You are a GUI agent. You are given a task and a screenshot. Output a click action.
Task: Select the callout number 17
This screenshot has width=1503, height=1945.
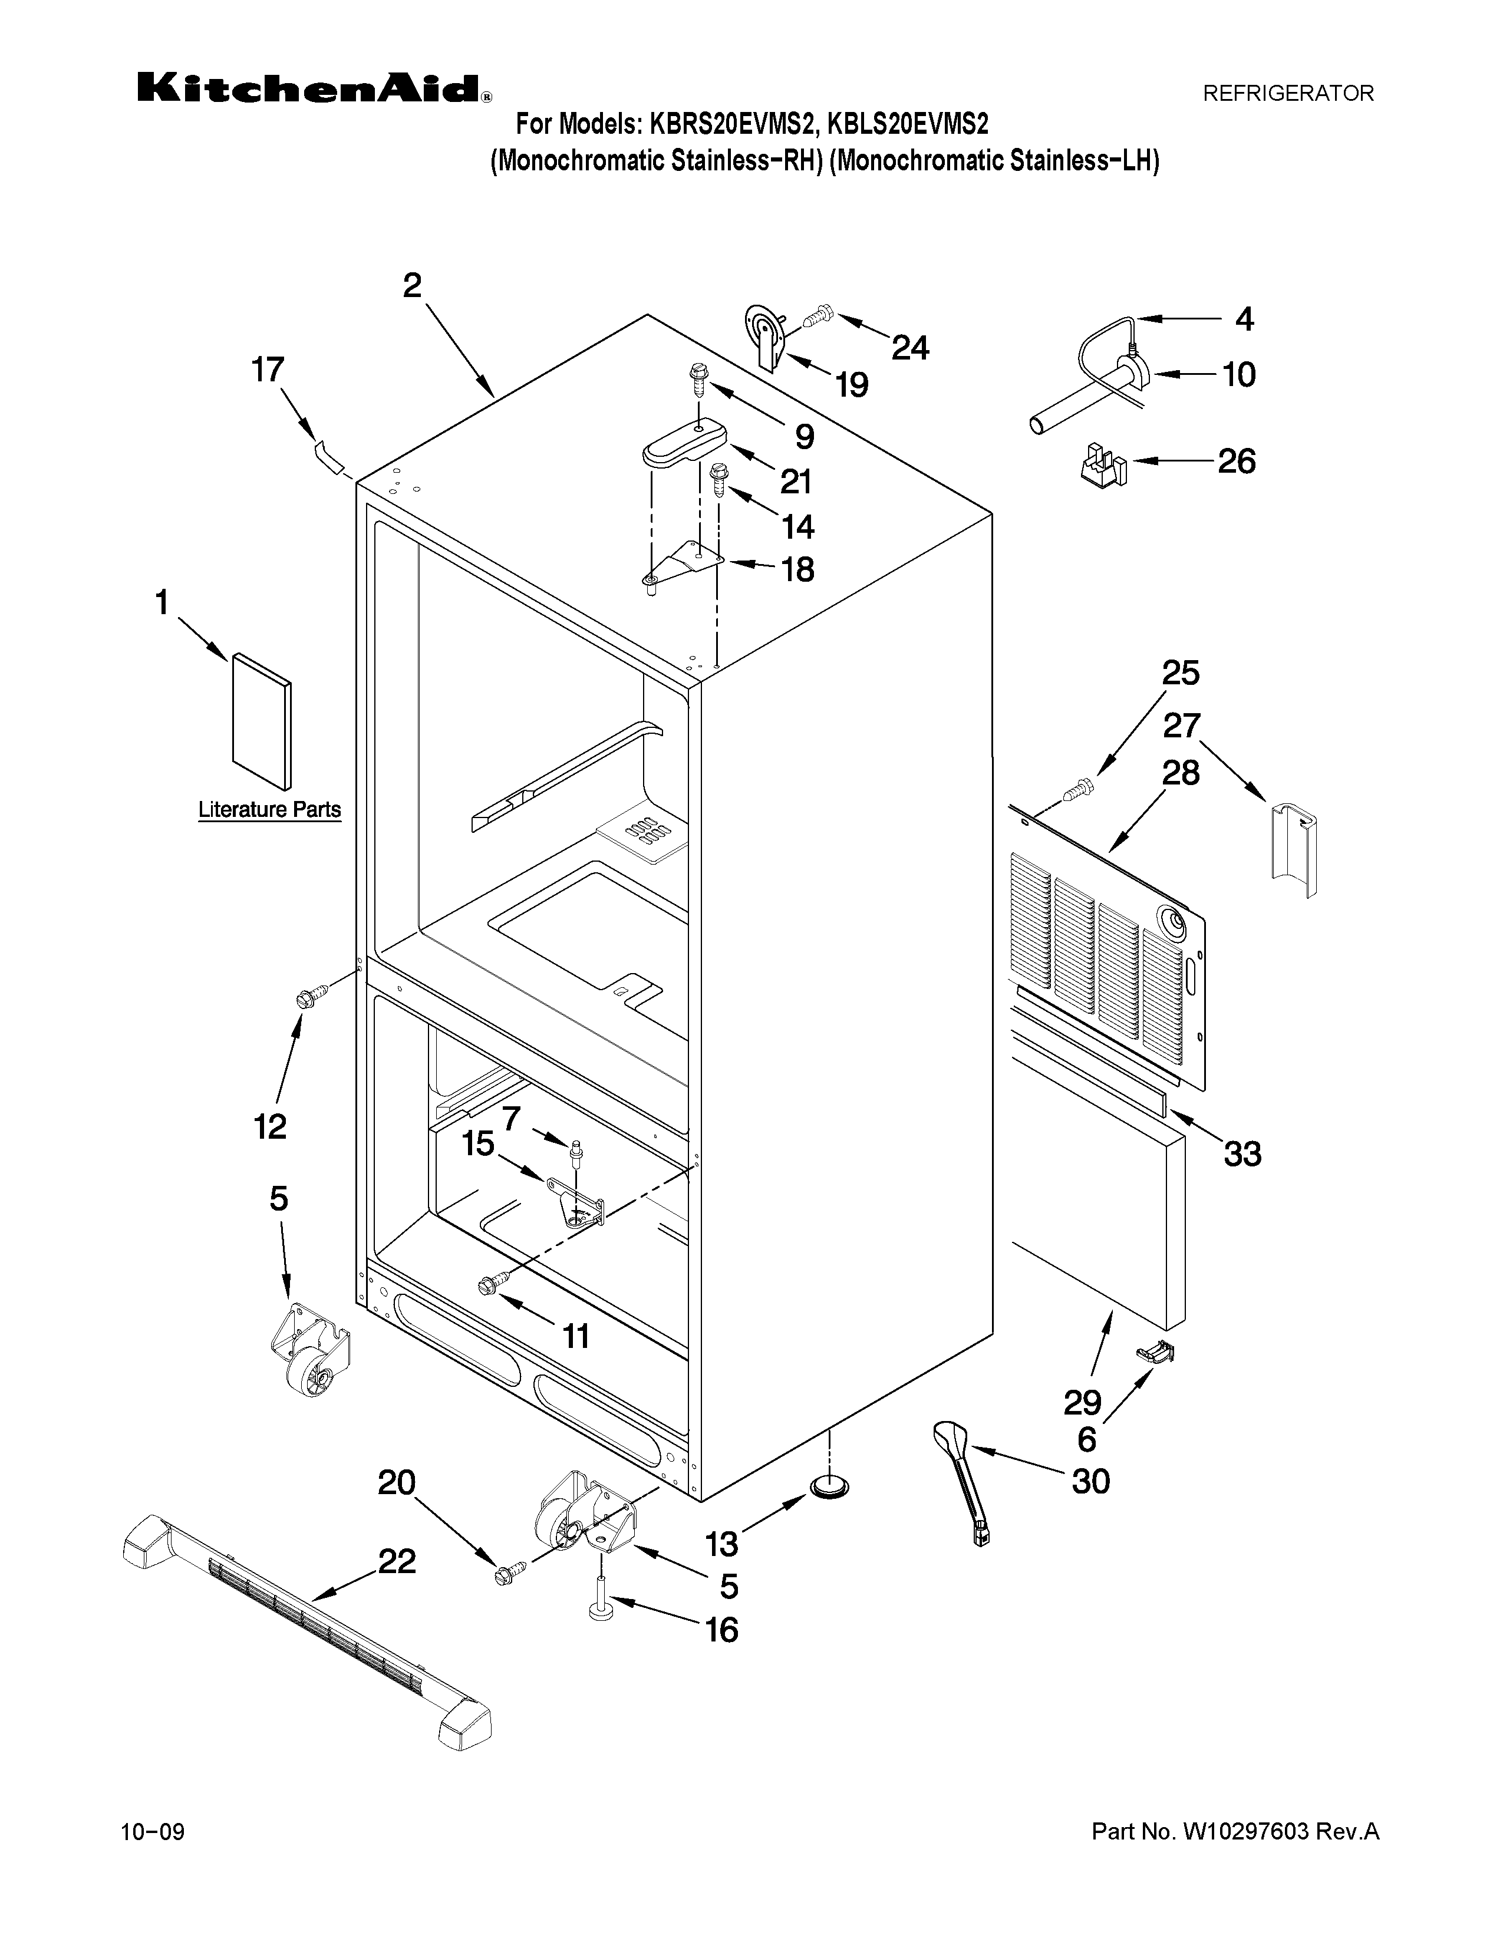pos(266,370)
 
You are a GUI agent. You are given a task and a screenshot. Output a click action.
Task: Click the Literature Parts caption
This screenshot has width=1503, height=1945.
pos(269,809)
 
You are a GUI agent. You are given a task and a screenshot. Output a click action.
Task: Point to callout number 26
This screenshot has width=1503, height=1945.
pos(1236,461)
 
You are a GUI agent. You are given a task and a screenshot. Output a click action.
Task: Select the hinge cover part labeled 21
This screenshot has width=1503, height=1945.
pos(684,443)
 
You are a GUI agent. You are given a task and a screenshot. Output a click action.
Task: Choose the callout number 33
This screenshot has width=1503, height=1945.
pos(1241,1154)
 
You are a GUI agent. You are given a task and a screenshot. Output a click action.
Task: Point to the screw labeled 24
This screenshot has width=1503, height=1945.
pos(819,315)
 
